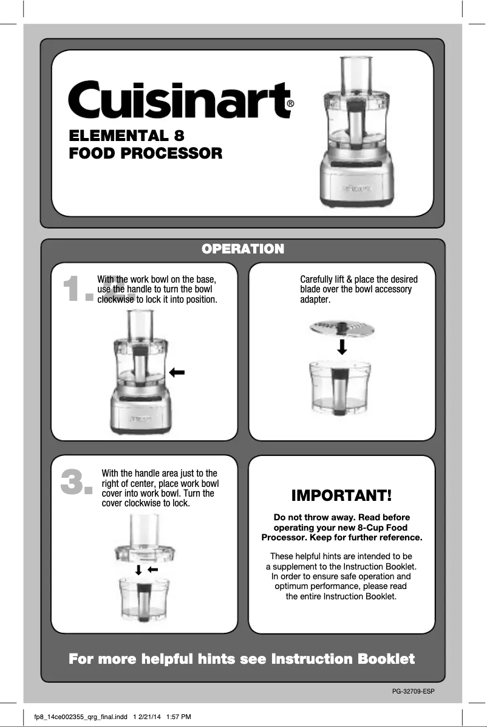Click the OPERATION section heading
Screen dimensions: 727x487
(x=243, y=249)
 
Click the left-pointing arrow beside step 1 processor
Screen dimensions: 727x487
(x=177, y=372)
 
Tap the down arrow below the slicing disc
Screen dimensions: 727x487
(x=342, y=346)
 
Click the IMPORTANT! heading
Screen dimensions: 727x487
(x=341, y=495)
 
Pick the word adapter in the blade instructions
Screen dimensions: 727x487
(x=315, y=300)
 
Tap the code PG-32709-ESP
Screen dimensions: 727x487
(x=414, y=691)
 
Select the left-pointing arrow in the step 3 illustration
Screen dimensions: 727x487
(x=153, y=570)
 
